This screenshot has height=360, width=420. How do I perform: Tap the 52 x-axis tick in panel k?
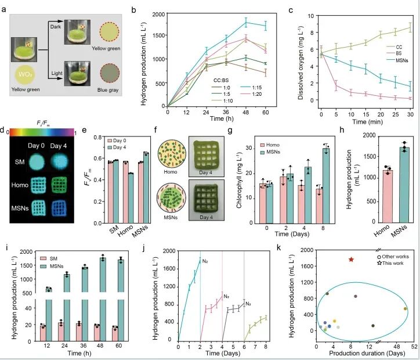point(407,346)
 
